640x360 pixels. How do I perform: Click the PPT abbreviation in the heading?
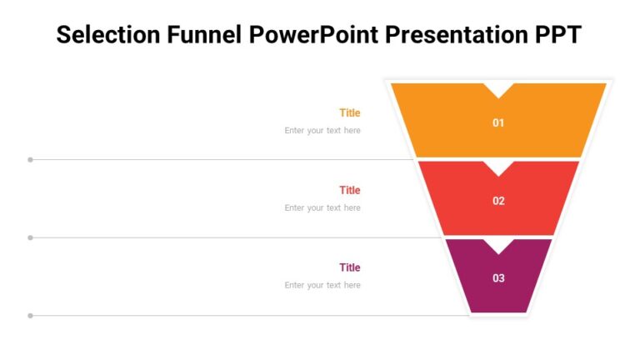click(x=557, y=35)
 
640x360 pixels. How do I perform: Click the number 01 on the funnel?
click(x=498, y=123)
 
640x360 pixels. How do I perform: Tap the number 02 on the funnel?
click(x=498, y=201)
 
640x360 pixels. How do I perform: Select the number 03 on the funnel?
click(x=498, y=278)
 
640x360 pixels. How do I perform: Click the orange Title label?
click(x=349, y=112)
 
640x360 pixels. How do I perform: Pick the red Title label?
click(x=349, y=190)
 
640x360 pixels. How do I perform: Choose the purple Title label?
click(x=349, y=267)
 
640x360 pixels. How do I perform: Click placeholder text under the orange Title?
click(x=322, y=130)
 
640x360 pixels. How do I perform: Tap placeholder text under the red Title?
click(x=322, y=207)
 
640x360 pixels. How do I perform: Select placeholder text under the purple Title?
click(x=322, y=285)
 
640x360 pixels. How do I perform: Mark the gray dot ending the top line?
click(x=31, y=159)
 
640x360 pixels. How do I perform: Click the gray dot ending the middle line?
click(x=31, y=237)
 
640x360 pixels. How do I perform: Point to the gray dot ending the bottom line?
click(x=31, y=316)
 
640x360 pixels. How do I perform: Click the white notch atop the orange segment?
click(x=498, y=88)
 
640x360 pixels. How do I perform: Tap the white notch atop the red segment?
click(x=498, y=166)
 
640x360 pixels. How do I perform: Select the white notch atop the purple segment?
click(x=498, y=244)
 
